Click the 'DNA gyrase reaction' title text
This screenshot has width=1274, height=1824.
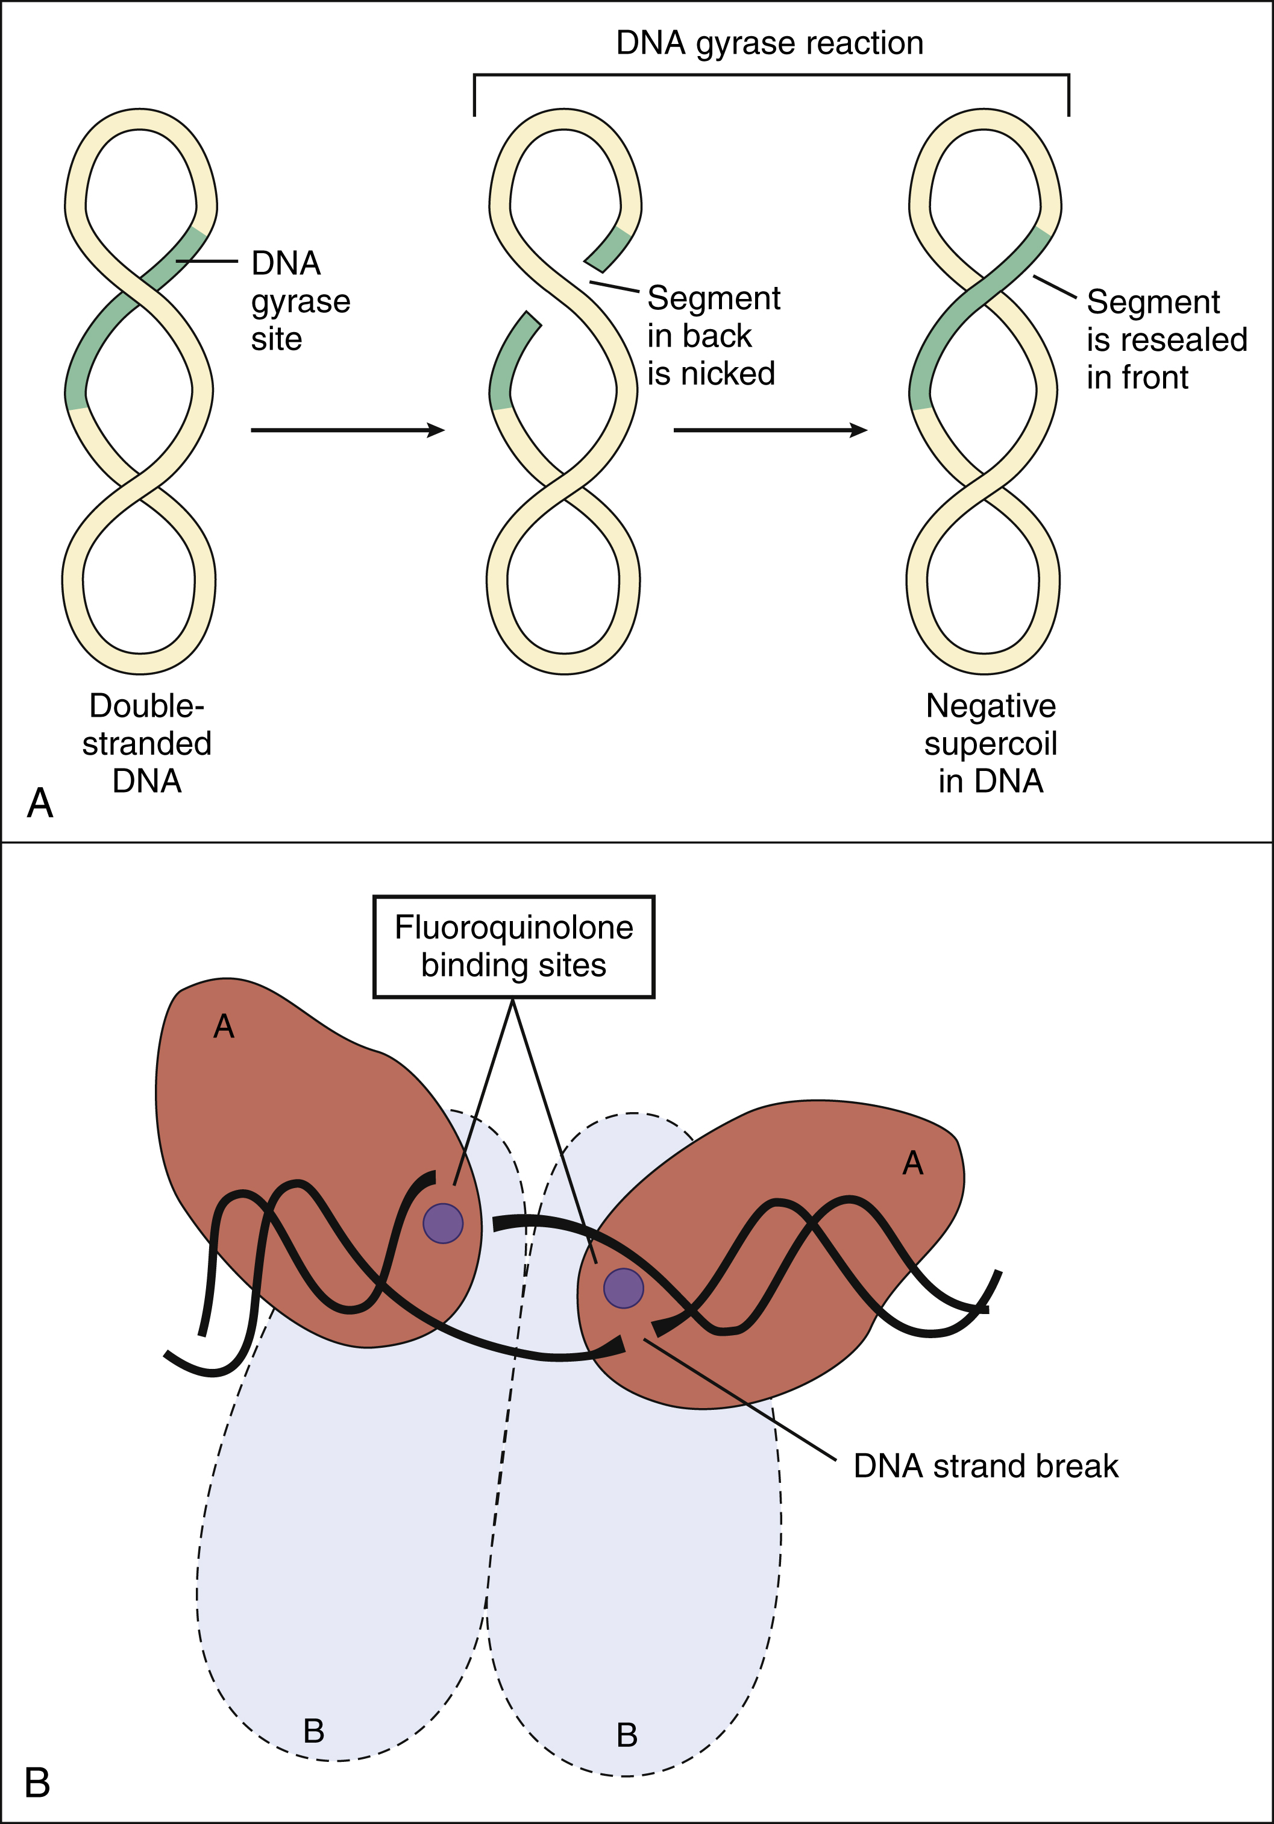tap(769, 43)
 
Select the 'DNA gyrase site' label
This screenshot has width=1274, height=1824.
tap(300, 301)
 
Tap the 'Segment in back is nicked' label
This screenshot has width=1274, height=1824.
tap(712, 336)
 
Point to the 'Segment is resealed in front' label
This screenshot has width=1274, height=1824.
tap(1166, 340)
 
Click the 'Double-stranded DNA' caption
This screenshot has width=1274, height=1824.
tap(147, 744)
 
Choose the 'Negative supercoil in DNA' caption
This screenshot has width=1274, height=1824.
tap(990, 744)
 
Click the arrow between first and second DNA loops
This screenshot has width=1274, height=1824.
tap(347, 430)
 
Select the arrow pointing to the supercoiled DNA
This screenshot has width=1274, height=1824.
tap(770, 430)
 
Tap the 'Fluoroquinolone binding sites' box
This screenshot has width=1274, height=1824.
tap(514, 946)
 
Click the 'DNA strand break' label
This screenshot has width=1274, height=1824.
tap(985, 1466)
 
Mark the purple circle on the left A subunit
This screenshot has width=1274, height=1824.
tap(442, 1222)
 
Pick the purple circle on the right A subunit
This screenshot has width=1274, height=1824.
tap(624, 1288)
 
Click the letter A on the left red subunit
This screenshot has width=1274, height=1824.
tap(224, 1027)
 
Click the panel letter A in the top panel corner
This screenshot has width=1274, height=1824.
tap(40, 802)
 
